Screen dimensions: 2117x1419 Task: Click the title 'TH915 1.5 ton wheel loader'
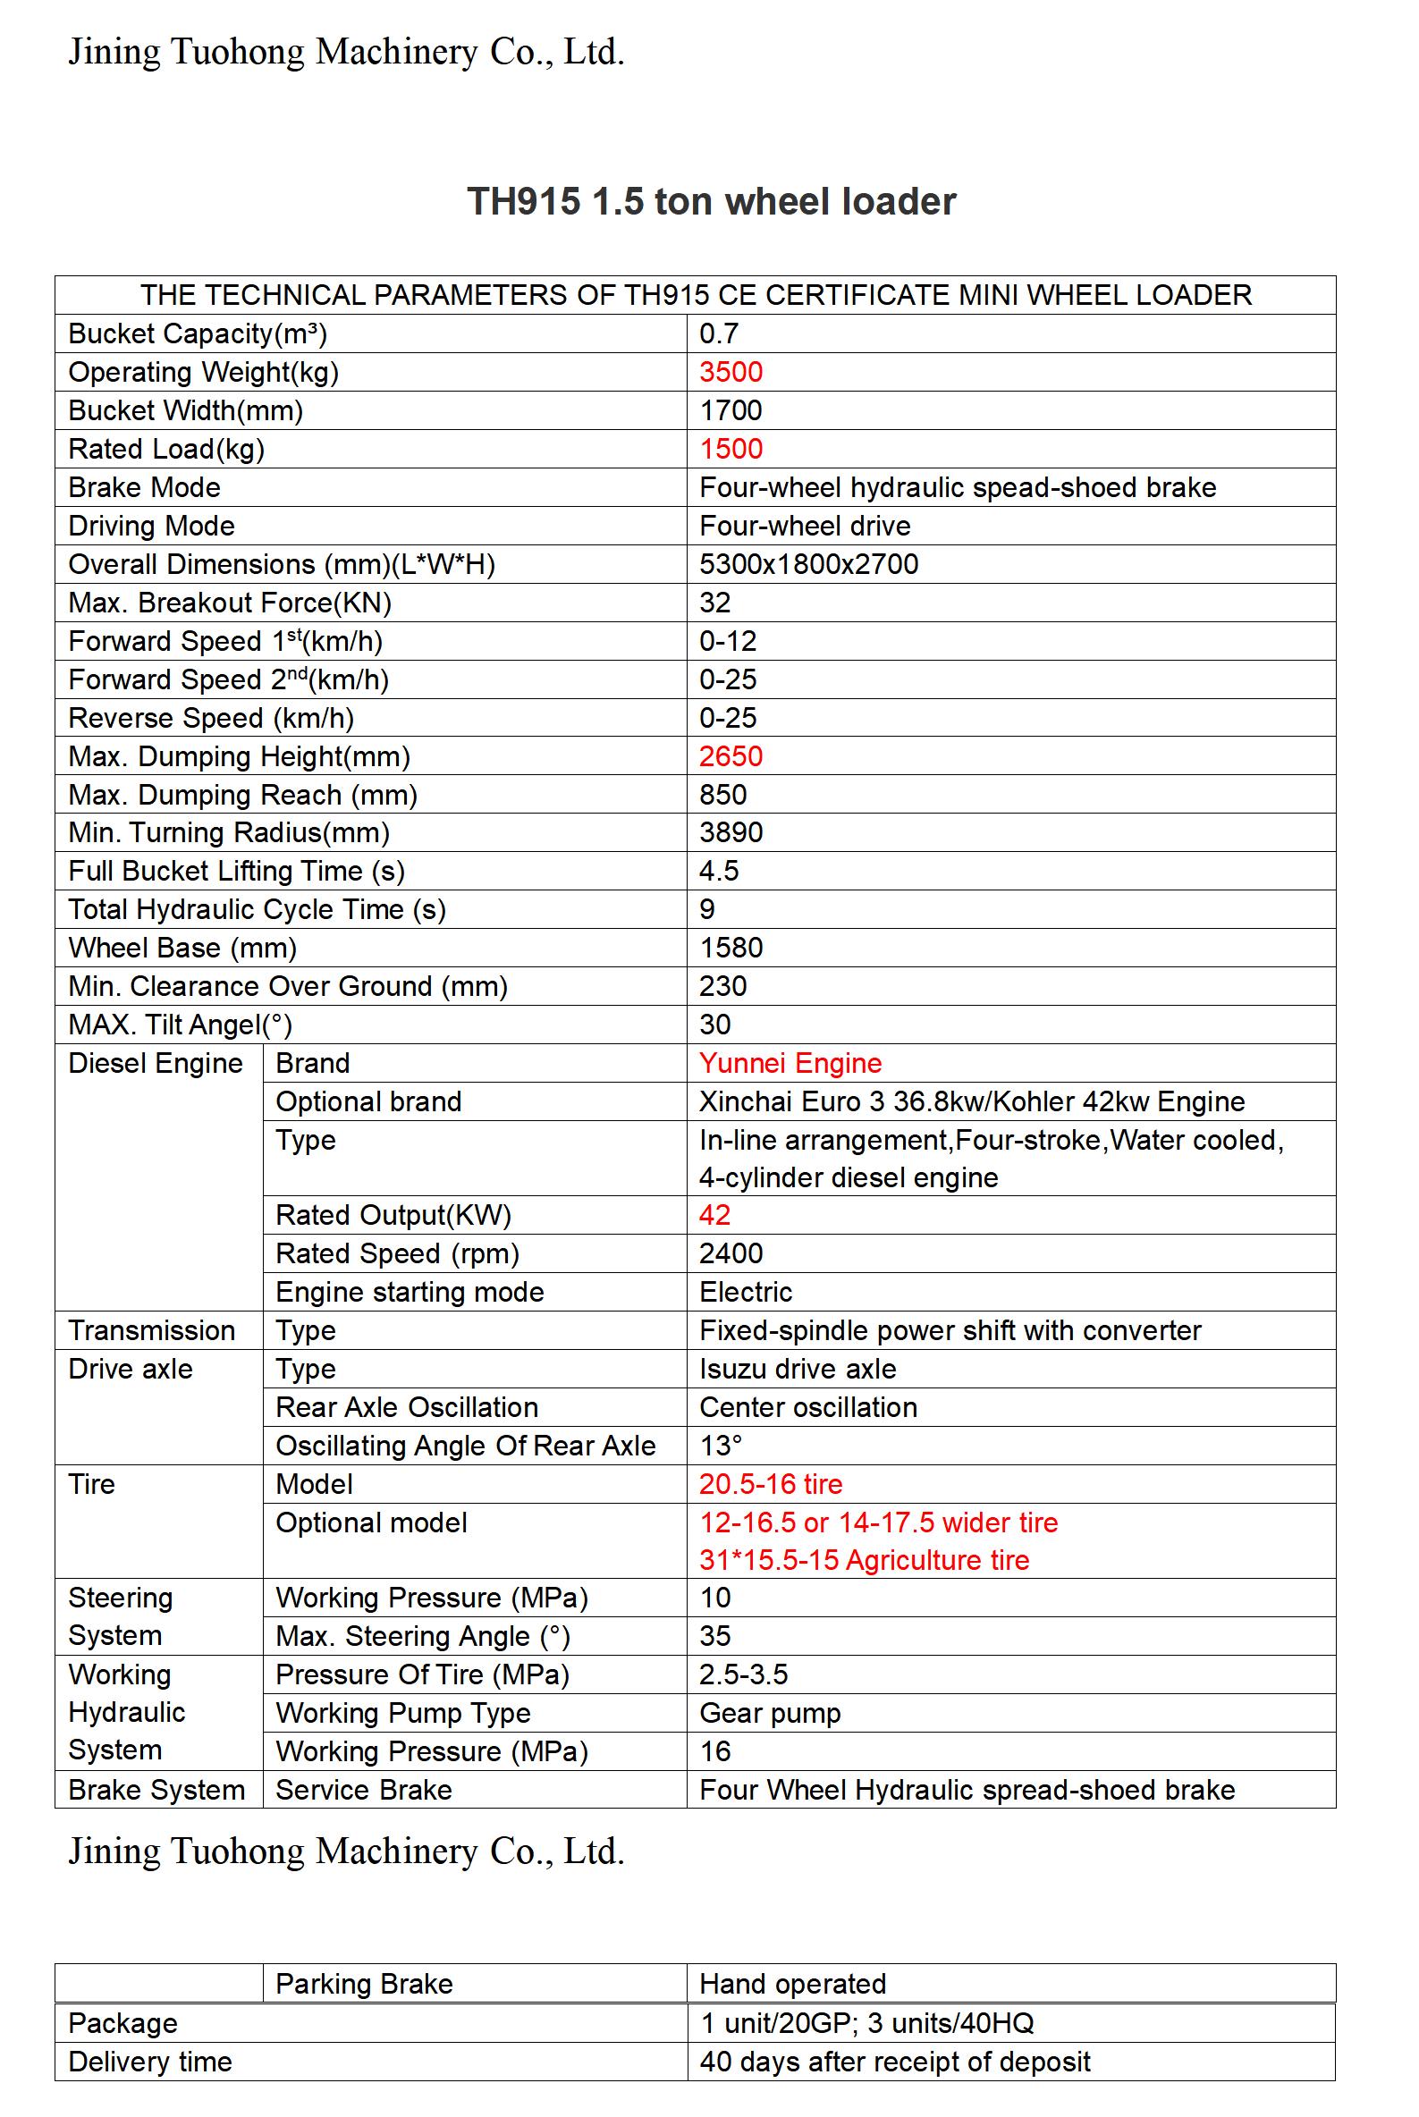tap(711, 201)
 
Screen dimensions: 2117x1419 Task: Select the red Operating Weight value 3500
tap(731, 372)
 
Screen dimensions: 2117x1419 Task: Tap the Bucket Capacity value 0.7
tap(719, 333)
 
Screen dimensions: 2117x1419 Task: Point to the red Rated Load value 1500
tap(731, 449)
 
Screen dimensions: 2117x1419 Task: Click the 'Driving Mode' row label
tap(151, 526)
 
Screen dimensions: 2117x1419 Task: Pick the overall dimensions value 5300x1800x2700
tap(808, 563)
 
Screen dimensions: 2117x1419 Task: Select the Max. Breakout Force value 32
tap(714, 603)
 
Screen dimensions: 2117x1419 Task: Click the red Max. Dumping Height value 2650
tap(731, 756)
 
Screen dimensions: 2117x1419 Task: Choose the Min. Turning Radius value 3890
tap(731, 832)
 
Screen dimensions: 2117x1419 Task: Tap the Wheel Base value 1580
tap(731, 948)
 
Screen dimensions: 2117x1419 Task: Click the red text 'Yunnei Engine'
tap(790, 1063)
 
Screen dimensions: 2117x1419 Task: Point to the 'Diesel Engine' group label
tap(156, 1063)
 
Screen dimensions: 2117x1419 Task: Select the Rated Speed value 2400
tap(731, 1253)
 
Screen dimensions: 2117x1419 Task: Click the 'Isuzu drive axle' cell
tap(798, 1369)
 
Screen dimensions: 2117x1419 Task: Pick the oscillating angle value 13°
tap(721, 1445)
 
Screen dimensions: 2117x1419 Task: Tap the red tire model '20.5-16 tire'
tap(770, 1484)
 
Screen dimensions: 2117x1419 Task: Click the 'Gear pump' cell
tap(769, 1713)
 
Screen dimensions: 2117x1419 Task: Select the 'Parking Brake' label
tap(364, 1983)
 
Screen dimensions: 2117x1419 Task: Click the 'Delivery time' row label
tap(150, 2062)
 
